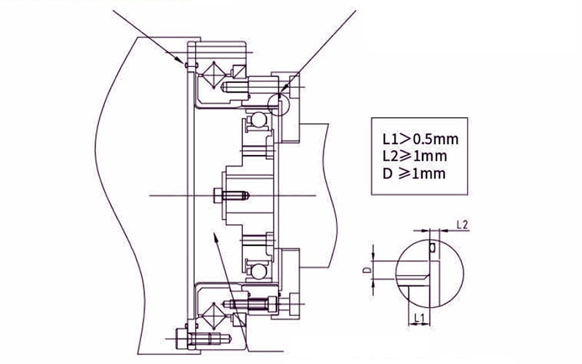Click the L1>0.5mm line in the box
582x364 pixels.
coord(420,139)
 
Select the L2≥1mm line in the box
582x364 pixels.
coord(415,156)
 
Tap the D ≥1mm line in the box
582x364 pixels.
coord(414,173)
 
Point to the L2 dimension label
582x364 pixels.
coord(462,224)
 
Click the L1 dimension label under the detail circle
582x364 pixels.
coord(419,317)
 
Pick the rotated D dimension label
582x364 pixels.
coord(367,269)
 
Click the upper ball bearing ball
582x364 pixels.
coord(258,119)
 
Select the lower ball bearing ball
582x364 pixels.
coord(258,271)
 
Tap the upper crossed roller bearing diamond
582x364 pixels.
coord(213,75)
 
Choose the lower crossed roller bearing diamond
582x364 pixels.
coord(213,316)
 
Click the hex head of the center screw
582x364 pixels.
coord(218,195)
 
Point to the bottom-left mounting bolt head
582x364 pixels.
coord(181,339)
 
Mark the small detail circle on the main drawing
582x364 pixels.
coord(279,104)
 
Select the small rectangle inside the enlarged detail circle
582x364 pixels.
coord(432,248)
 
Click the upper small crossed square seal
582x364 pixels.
coord(239,71)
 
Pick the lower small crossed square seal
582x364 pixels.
coord(239,320)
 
